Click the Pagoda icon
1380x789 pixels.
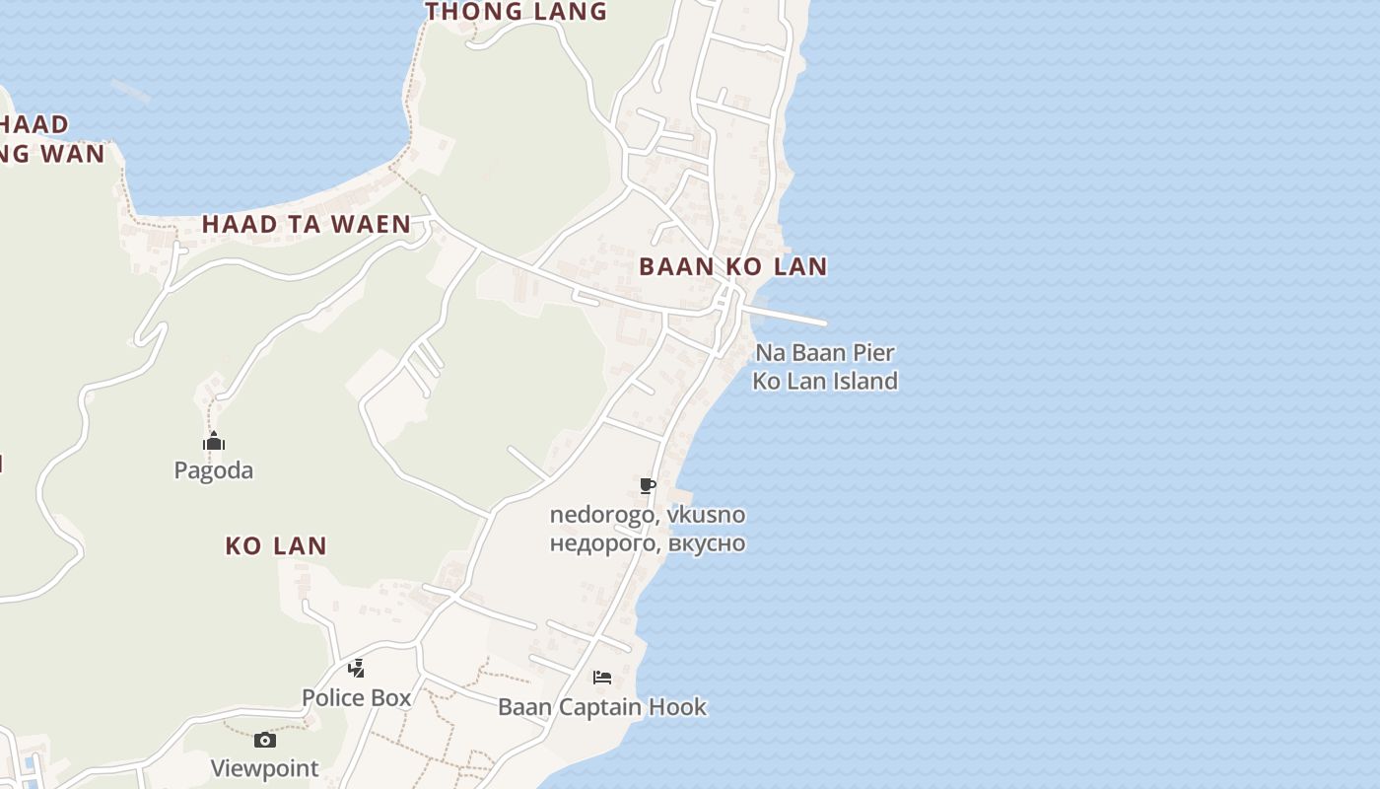point(214,441)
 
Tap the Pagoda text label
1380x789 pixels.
point(214,470)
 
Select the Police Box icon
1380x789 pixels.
point(356,669)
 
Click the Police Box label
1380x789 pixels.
point(356,697)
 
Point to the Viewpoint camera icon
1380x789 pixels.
point(264,740)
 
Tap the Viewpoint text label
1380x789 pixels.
point(264,768)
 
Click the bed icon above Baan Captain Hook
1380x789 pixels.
point(602,678)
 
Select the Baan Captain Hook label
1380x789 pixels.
point(602,706)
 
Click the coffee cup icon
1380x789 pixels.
point(648,485)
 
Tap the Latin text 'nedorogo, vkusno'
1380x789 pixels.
point(648,515)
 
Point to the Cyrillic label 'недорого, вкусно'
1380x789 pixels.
point(648,543)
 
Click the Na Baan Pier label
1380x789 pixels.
point(825,352)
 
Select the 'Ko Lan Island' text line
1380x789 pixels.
point(825,381)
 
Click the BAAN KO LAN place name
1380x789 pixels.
point(733,266)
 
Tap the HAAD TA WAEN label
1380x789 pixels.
point(307,224)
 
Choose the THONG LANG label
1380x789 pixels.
point(516,12)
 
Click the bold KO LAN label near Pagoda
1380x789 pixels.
point(276,545)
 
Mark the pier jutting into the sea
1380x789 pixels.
point(789,316)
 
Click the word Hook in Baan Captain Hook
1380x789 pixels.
point(680,706)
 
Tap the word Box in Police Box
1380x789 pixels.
point(391,697)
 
